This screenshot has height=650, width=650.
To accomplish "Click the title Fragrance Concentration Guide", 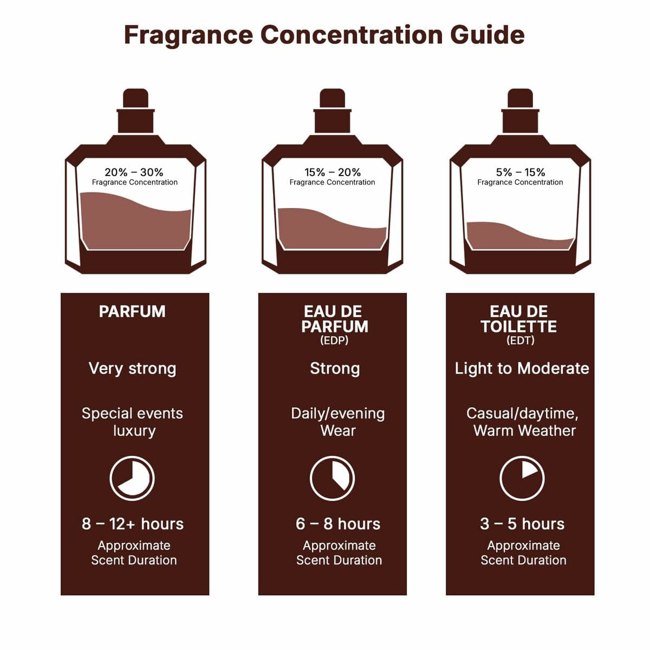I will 324,35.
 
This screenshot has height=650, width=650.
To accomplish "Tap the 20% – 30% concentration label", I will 134,172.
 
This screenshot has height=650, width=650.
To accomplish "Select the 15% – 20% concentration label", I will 332,172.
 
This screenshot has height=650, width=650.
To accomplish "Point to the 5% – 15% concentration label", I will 520,172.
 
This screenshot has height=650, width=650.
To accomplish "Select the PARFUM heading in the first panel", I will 132,311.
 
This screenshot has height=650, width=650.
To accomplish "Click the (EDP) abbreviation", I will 334,341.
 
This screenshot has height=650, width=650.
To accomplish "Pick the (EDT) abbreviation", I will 520,341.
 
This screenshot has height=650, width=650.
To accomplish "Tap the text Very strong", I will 132,368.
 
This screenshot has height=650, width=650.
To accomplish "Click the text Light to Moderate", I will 522,368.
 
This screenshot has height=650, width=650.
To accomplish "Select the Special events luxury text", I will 133,422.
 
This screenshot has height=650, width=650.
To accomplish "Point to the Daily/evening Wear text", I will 337,422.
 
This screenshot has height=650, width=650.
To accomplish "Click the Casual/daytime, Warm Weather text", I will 523,422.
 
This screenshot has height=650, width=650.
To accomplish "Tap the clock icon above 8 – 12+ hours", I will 132,478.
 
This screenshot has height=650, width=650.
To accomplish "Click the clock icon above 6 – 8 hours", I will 332,478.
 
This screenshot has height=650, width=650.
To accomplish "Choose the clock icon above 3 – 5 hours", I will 522,478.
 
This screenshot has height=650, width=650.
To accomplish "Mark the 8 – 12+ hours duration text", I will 133,524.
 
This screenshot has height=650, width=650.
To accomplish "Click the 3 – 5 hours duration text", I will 522,524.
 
